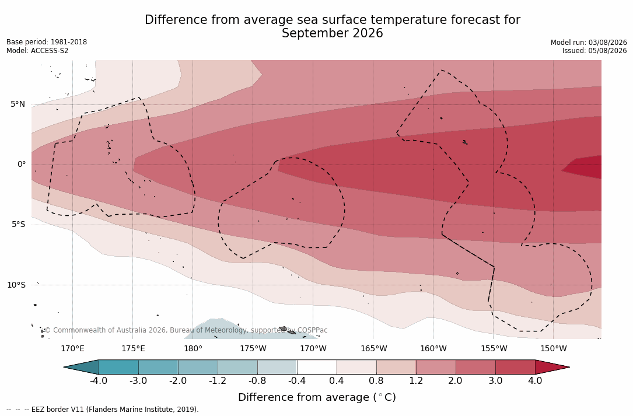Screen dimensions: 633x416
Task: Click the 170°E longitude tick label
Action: point(73,348)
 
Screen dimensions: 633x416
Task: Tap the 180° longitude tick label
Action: point(193,348)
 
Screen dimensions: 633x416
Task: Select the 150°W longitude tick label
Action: point(554,348)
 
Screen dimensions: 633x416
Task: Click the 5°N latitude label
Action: point(18,104)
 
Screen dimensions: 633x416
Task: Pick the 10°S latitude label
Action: point(16,285)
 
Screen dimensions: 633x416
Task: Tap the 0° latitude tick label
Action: point(22,165)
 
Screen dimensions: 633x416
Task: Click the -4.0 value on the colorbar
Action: point(98,381)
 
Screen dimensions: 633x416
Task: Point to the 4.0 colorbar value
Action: point(535,381)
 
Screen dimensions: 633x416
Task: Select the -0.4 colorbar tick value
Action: point(297,381)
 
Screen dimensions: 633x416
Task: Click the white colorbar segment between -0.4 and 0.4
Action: point(317,367)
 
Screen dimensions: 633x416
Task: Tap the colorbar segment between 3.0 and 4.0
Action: point(515,367)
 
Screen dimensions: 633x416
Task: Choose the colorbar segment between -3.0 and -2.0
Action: point(158,367)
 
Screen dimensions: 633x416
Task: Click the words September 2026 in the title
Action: point(332,33)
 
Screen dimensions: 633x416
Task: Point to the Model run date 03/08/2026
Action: point(607,43)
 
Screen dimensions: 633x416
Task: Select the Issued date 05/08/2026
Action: point(607,51)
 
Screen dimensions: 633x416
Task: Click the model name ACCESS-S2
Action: point(50,51)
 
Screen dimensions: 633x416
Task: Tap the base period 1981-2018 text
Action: point(69,42)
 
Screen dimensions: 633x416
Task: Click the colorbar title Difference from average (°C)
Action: point(317,397)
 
